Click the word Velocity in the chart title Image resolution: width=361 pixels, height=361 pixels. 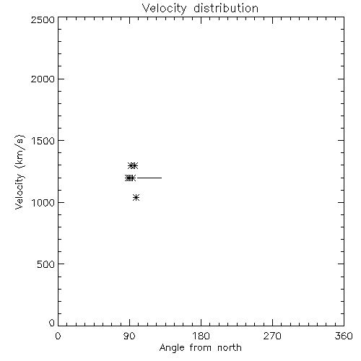(x=164, y=9)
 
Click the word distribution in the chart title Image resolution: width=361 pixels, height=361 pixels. (x=226, y=8)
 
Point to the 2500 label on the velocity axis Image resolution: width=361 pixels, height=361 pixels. (x=43, y=19)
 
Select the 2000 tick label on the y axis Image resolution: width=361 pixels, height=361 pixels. (x=43, y=79)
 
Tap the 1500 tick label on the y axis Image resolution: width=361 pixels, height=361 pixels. (x=43, y=141)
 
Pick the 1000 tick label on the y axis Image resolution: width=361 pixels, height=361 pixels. (x=43, y=202)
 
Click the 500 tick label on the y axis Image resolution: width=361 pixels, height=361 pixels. (x=46, y=264)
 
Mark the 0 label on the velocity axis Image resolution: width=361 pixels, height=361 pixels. (x=52, y=323)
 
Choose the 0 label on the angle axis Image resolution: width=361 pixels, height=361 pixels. (x=58, y=336)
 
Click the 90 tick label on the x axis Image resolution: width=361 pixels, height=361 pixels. (x=129, y=336)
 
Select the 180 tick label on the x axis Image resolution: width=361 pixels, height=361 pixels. (x=201, y=336)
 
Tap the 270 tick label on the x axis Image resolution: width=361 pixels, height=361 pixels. (x=272, y=336)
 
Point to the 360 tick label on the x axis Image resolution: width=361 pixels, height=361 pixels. (x=344, y=336)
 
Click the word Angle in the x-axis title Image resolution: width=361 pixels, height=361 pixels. (x=172, y=348)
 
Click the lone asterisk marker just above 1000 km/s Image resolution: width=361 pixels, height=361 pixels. (x=136, y=198)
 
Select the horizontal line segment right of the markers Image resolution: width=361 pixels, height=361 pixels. (x=149, y=178)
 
